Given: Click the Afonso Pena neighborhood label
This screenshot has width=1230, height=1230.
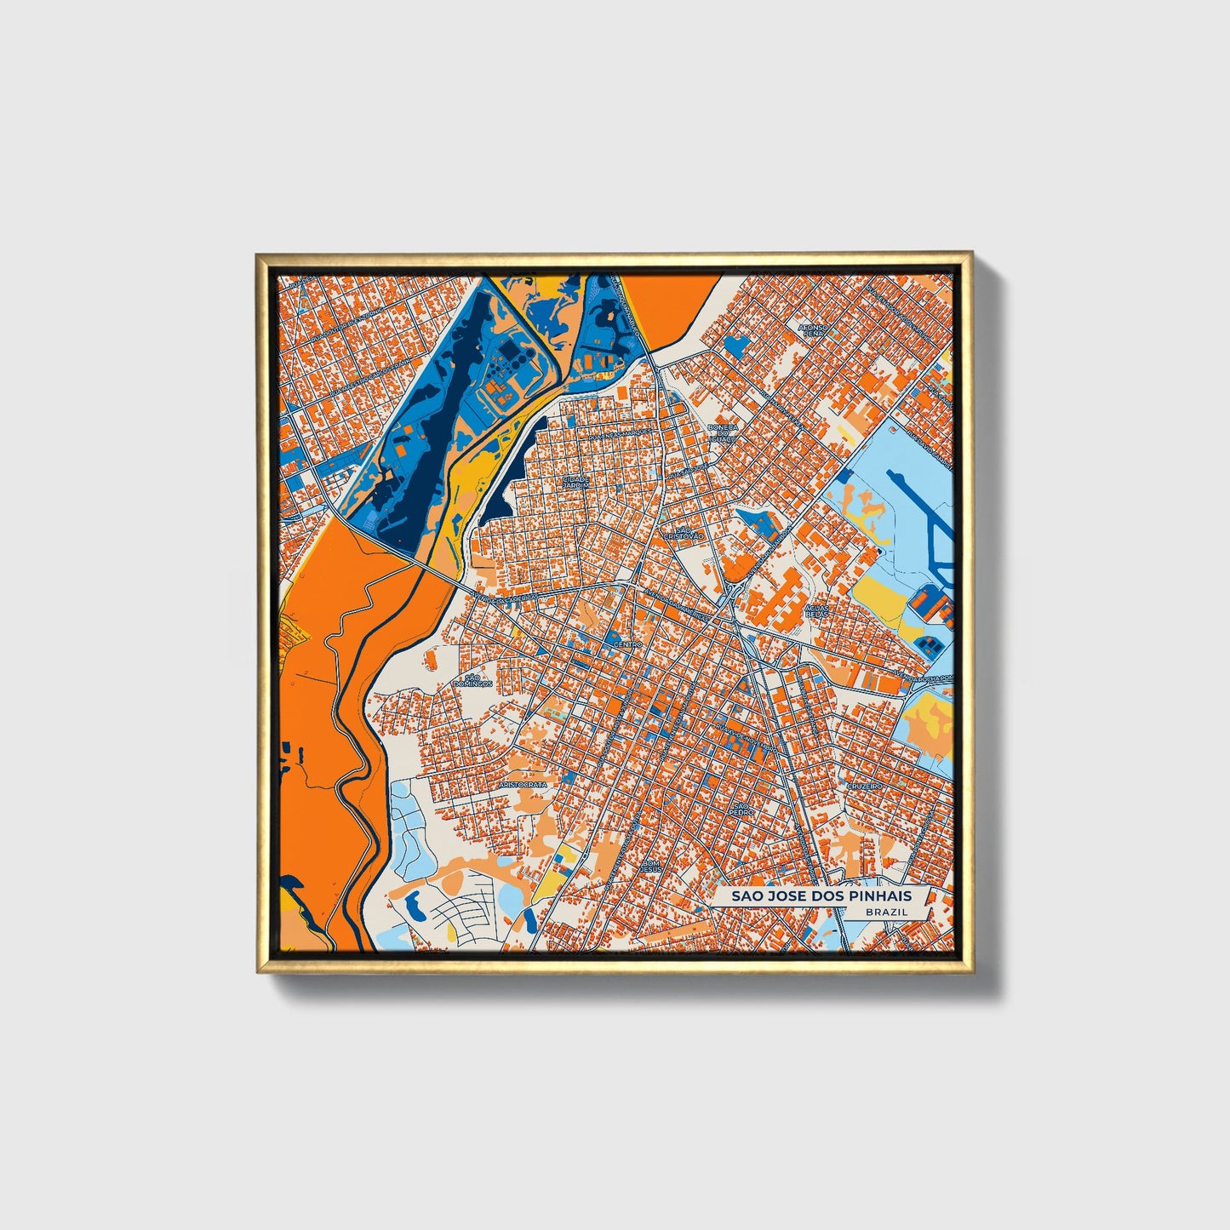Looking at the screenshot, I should (x=813, y=329).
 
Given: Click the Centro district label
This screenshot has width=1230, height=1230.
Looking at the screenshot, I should (x=626, y=644).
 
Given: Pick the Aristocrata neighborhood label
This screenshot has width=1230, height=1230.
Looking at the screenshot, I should (x=523, y=783).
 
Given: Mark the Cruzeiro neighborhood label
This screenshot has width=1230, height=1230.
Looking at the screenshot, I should (x=863, y=787).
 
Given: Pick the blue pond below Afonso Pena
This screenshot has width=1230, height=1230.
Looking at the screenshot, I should (x=737, y=345).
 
